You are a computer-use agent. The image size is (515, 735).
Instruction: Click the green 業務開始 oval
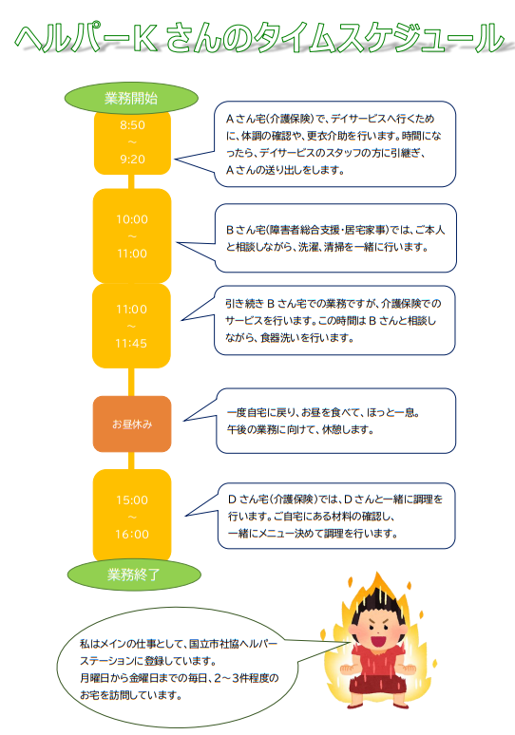131,98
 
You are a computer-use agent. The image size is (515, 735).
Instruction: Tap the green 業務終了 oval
134,575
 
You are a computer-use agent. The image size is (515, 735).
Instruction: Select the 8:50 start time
132,125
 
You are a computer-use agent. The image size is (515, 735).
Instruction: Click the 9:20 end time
132,160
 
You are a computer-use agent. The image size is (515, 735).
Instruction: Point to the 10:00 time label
132,219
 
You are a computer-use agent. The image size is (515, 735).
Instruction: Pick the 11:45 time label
131,344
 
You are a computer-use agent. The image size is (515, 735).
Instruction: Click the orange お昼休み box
132,424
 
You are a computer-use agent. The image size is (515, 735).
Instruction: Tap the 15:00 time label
132,500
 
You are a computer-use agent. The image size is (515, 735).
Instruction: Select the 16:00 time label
132,535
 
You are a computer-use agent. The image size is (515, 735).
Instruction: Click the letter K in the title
144,38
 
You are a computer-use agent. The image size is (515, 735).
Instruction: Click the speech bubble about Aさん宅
334,144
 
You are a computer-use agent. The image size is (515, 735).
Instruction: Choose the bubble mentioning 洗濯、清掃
335,238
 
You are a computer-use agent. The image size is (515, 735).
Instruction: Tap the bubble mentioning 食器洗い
334,320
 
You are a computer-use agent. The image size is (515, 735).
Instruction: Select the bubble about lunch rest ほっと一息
335,421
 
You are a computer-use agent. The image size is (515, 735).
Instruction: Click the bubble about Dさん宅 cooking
336,516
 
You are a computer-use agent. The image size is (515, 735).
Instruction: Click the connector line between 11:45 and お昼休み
131,382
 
